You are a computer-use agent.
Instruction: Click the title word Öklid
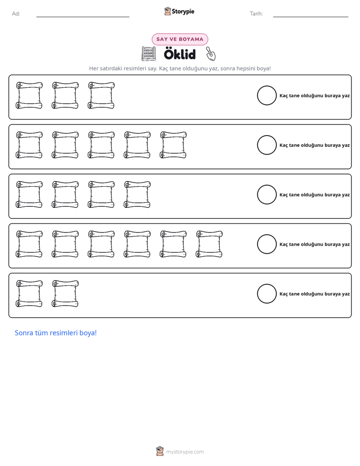179,54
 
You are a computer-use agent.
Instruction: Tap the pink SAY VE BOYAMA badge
179,39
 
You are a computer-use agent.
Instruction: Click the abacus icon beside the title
149,54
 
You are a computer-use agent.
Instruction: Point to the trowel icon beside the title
211,54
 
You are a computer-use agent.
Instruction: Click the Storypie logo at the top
179,11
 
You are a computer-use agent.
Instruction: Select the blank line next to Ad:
83,17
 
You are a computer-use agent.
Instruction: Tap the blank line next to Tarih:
311,17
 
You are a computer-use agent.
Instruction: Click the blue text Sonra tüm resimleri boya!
56,333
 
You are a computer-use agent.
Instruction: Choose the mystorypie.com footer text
185,452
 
